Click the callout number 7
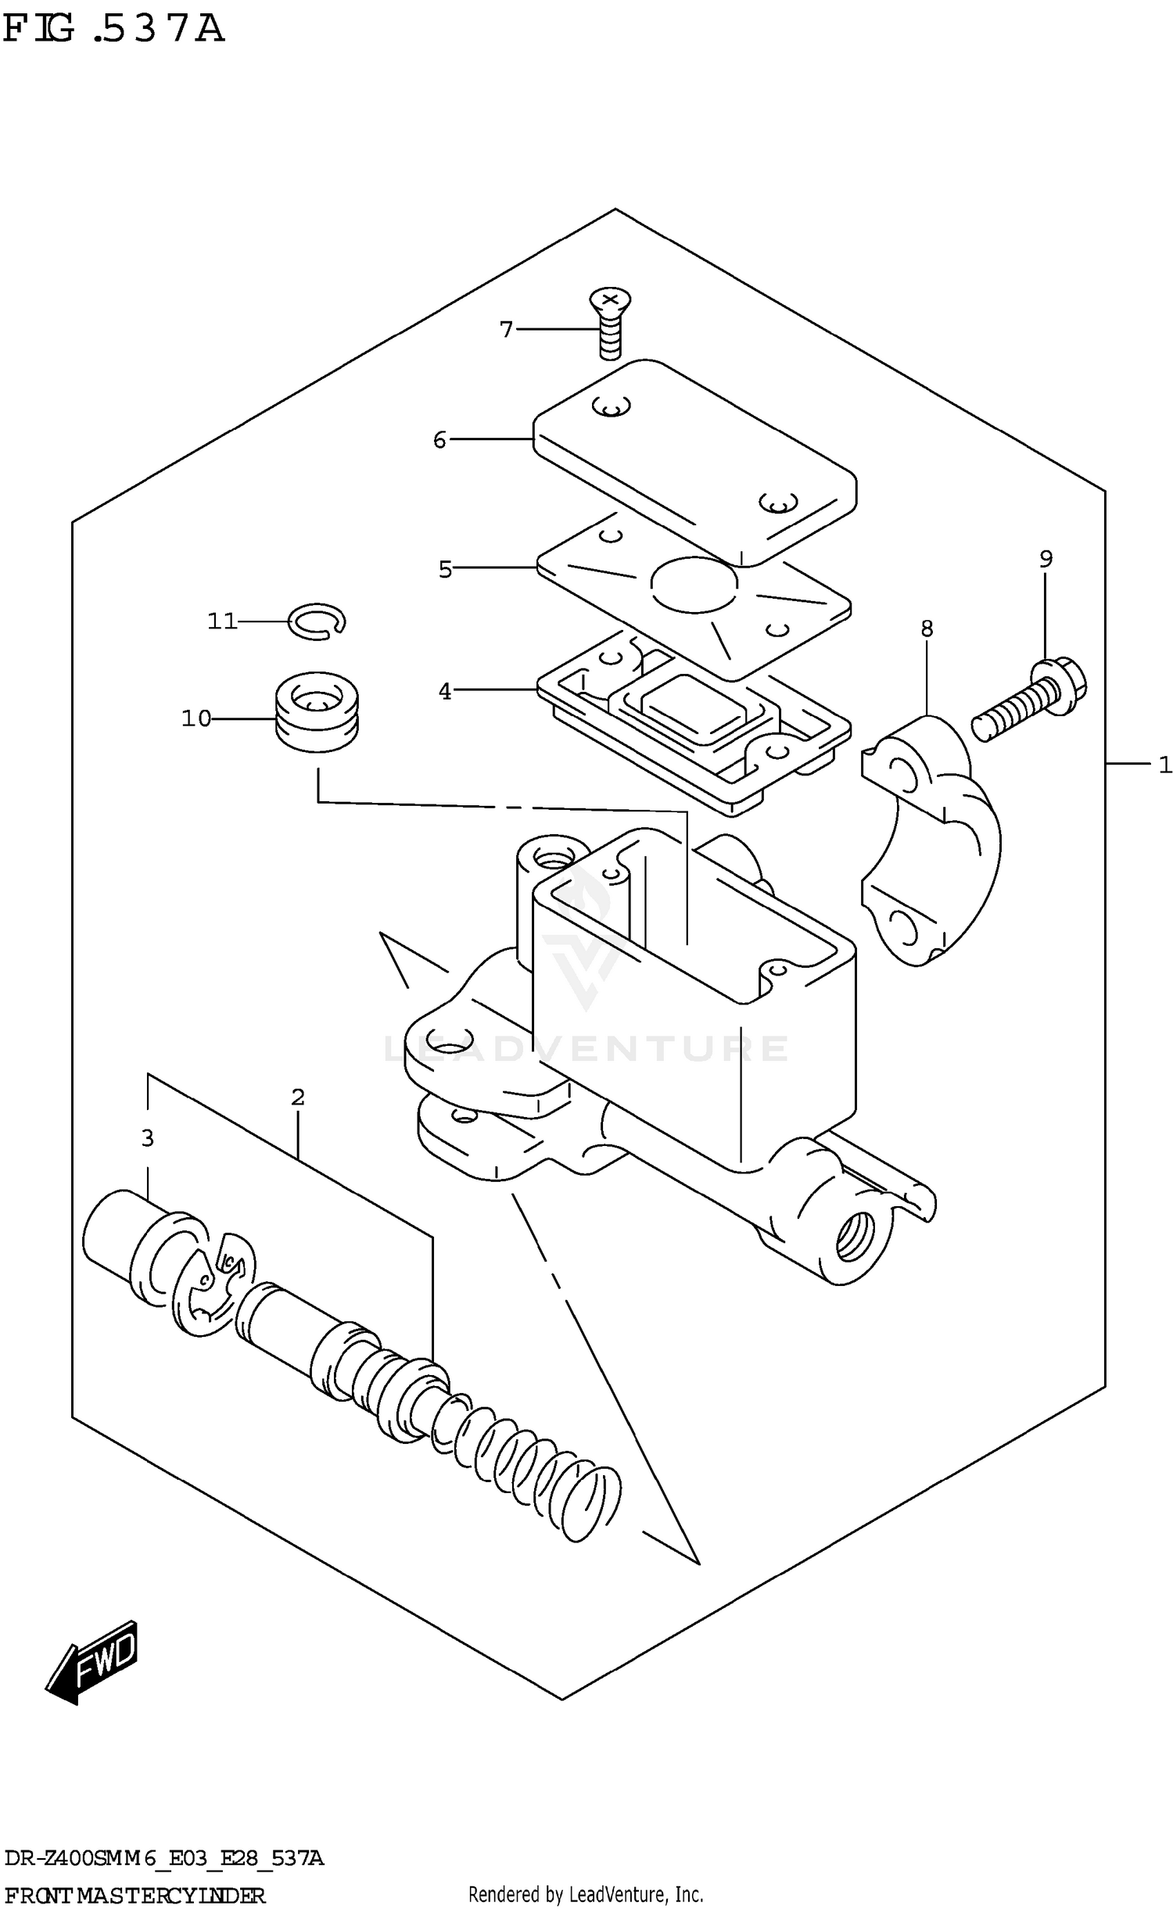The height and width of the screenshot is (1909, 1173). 506,330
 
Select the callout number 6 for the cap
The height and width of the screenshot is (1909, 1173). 439,441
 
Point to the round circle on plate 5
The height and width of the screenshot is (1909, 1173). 694,584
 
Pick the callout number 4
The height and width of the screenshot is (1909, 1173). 444,692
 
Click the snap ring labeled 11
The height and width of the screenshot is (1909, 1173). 317,621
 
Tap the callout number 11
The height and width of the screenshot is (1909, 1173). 221,621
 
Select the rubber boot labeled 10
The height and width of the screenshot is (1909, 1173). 317,711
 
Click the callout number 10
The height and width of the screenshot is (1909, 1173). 195,718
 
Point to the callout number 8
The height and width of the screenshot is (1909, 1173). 927,629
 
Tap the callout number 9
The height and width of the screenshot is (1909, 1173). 1046,559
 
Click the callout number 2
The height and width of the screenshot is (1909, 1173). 297,1098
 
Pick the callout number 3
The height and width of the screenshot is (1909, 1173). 147,1139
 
